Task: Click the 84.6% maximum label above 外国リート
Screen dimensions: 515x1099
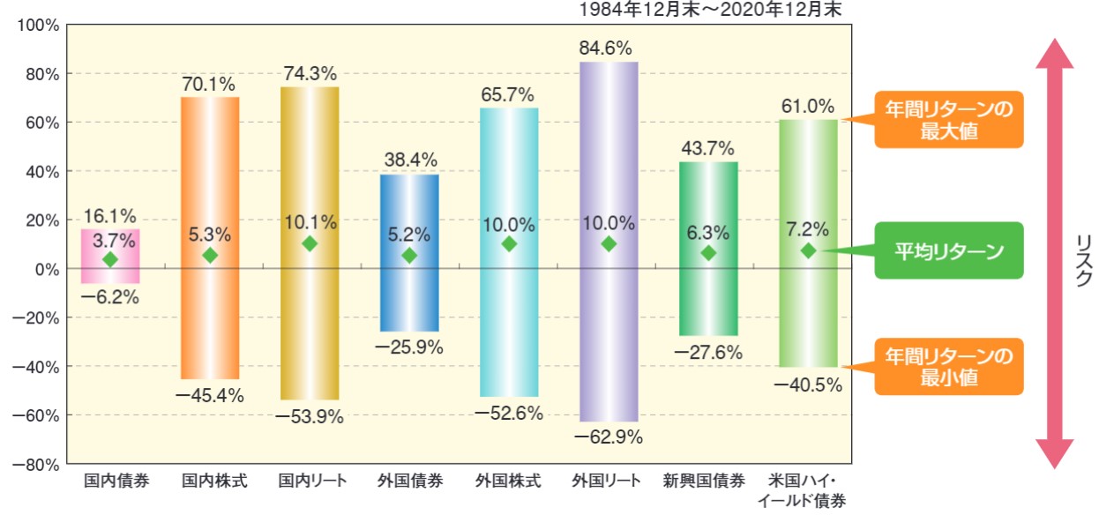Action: [609, 48]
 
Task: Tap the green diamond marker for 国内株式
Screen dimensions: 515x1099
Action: [210, 256]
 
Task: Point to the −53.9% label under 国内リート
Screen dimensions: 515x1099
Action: [309, 416]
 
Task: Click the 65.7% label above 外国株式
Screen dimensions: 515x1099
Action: [509, 93]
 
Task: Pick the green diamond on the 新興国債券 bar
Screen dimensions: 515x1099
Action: [708, 253]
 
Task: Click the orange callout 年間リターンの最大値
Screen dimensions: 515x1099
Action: [948, 120]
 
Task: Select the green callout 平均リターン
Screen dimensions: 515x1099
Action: [948, 251]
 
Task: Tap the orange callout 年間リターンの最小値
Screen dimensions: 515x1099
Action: [948, 367]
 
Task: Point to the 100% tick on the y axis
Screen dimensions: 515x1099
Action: [38, 25]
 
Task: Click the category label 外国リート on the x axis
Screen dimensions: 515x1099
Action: [609, 481]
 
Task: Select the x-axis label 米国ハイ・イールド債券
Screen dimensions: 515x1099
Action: [808, 491]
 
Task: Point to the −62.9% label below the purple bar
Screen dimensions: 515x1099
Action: [609, 437]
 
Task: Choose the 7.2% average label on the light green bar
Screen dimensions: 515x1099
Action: [808, 229]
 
